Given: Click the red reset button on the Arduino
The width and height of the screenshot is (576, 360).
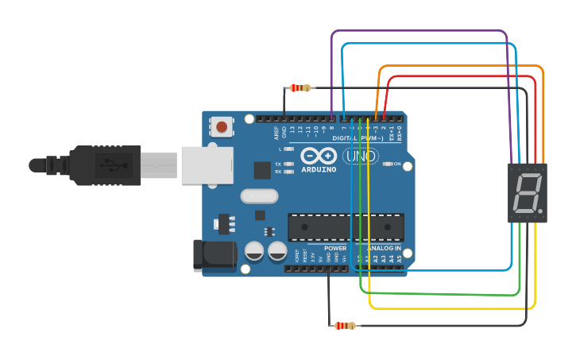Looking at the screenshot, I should coord(222,126).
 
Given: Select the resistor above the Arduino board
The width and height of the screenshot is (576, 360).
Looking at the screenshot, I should coord(300,87).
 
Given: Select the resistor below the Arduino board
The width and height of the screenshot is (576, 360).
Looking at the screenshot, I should coord(345,325).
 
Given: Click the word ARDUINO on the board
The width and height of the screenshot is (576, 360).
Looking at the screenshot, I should coord(319,169).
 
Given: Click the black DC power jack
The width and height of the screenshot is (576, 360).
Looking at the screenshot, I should coord(215,254).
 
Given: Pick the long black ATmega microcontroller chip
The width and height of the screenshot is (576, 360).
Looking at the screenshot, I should coord(346,227).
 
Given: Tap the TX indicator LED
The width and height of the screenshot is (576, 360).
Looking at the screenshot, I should coord(289,165).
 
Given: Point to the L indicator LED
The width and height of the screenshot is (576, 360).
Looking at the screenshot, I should coord(289,149).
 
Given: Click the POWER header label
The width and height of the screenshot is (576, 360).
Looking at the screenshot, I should coord(334,248).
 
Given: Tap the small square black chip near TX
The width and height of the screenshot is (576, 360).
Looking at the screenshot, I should coord(261,169).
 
